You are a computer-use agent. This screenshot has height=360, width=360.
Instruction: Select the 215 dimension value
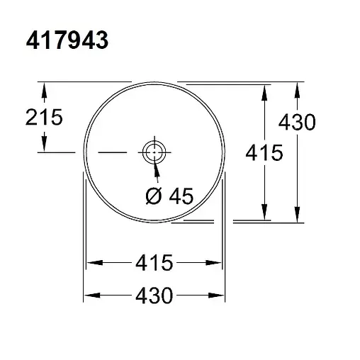(x=44, y=117)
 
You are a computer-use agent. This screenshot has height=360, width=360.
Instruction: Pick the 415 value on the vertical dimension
(x=264, y=152)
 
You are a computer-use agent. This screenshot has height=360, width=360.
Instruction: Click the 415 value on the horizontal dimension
(x=154, y=263)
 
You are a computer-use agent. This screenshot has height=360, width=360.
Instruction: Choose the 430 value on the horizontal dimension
(x=154, y=295)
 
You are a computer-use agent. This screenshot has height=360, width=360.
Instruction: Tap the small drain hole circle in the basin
(x=154, y=152)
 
